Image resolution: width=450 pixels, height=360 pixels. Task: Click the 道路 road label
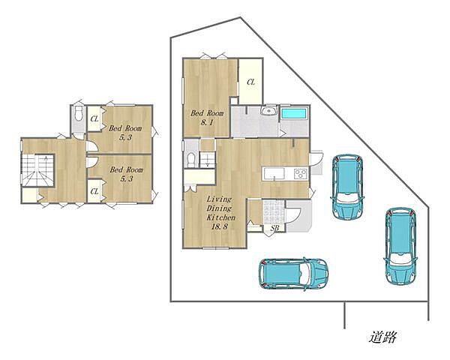(382, 337)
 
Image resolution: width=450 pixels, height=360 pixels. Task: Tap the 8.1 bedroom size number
(207, 122)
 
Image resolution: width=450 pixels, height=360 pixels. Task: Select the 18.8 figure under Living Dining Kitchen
(220, 226)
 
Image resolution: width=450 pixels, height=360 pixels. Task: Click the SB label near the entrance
(274, 228)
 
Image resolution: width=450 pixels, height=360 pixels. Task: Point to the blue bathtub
(295, 113)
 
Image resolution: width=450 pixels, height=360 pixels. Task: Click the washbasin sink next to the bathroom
(268, 110)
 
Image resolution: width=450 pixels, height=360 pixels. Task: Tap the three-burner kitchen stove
(301, 174)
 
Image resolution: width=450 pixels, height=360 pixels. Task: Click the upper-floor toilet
(79, 114)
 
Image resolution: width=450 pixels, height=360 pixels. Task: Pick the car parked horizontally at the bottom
(293, 273)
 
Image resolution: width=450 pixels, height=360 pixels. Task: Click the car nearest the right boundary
(400, 246)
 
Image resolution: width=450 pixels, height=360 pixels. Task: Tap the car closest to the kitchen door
(347, 187)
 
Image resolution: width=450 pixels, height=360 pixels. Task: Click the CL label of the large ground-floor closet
(250, 82)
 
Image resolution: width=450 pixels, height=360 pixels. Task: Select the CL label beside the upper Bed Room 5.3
(94, 118)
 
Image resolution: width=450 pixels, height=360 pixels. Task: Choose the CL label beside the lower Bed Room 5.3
(94, 191)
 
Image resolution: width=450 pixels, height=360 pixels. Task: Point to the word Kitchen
(221, 217)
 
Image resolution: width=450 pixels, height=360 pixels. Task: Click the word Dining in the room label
(219, 208)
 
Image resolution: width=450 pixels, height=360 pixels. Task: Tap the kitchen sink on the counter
(274, 174)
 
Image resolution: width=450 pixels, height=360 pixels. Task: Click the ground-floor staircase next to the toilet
(208, 160)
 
